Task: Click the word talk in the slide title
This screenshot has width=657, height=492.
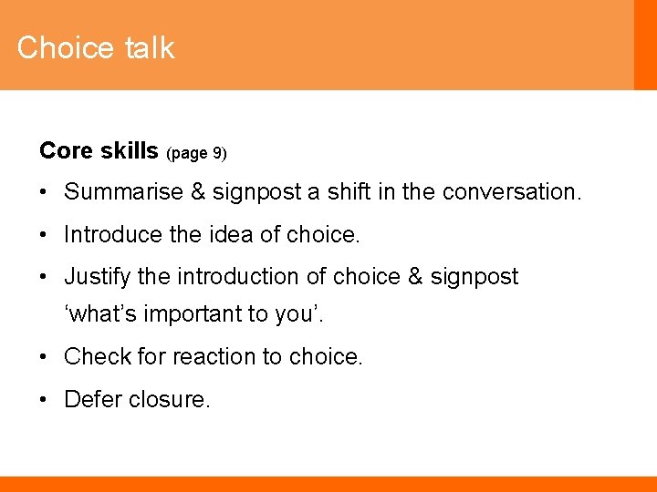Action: [x=150, y=47]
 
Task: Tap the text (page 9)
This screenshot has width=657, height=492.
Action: [x=196, y=153]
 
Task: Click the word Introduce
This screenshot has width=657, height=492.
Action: [x=112, y=234]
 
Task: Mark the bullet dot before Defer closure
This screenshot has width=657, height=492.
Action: [x=45, y=399]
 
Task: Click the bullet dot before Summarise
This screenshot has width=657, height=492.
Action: [x=45, y=193]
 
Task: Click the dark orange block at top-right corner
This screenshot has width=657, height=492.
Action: [x=645, y=45]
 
